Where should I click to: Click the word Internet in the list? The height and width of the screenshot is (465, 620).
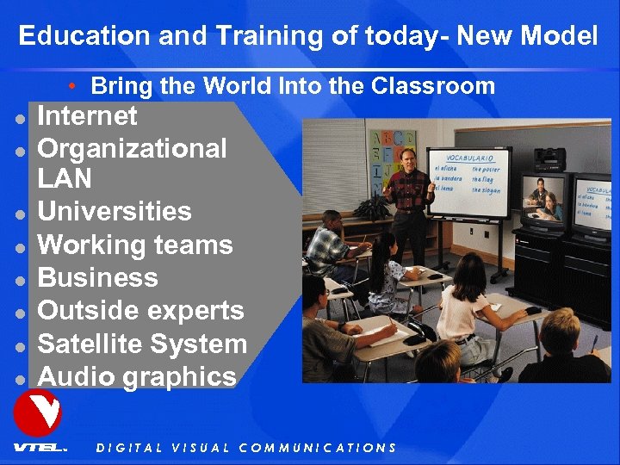pyautogui.click(x=88, y=115)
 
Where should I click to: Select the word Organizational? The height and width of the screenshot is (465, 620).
pyautogui.click(x=133, y=148)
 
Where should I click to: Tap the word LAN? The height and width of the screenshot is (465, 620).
pyautogui.click(x=65, y=180)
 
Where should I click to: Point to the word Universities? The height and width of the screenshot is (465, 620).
pyautogui.click(x=115, y=212)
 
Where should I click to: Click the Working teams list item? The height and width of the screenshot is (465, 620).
pyautogui.click(x=135, y=245)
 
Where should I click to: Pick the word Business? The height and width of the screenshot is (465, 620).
pyautogui.click(x=98, y=277)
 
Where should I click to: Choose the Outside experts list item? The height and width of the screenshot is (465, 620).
pyautogui.click(x=141, y=310)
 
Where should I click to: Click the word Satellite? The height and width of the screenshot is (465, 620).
pyautogui.click(x=91, y=344)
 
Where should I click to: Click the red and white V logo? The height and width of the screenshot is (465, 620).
pyautogui.click(x=37, y=412)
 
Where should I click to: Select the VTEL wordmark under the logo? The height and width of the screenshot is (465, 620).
pyautogui.click(x=39, y=447)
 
